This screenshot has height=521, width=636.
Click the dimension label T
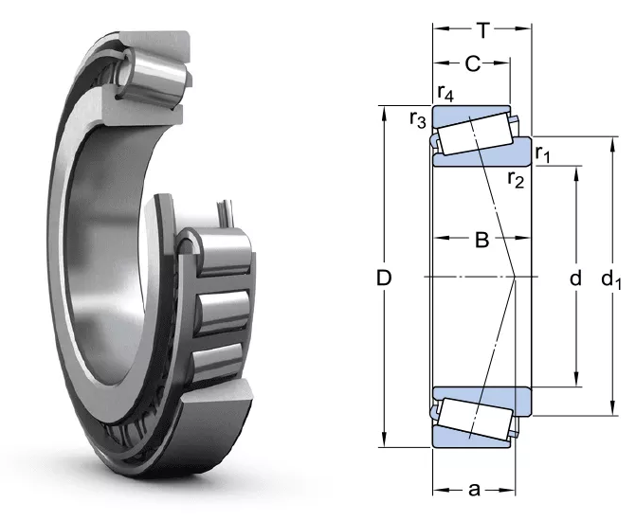[x=482, y=30]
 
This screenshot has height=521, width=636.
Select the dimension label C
[x=473, y=63]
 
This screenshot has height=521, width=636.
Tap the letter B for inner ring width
[x=482, y=240]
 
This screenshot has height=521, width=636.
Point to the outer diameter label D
[x=384, y=278]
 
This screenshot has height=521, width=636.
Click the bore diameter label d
[x=575, y=278]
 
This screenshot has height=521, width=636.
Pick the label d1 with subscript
[x=611, y=279]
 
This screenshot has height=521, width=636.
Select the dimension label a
[x=474, y=490]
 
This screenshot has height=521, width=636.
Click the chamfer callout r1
[x=543, y=153]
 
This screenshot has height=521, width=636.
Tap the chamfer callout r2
[x=516, y=179]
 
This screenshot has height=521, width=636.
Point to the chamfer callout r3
[x=418, y=119]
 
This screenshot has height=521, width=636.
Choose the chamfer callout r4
[x=445, y=93]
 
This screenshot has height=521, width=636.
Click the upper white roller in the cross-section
[x=475, y=134]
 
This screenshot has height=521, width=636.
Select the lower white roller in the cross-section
[x=475, y=420]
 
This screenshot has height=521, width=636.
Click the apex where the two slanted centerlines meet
[x=515, y=278]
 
